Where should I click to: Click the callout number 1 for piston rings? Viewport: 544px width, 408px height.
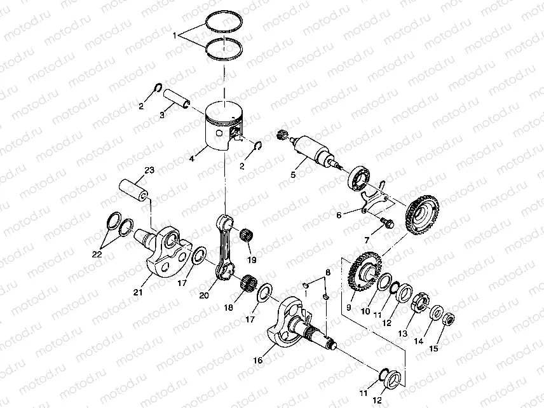point(175,36)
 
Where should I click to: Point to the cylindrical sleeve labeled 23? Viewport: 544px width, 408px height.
point(135,189)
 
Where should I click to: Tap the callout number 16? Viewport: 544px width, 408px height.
point(258,360)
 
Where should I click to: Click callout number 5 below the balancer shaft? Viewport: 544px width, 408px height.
point(293,174)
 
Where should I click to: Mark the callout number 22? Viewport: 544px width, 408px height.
point(97,254)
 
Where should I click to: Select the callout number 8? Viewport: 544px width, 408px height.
point(328,272)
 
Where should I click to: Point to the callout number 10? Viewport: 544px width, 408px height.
point(365,311)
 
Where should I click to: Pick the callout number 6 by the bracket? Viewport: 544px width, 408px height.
point(339,215)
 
